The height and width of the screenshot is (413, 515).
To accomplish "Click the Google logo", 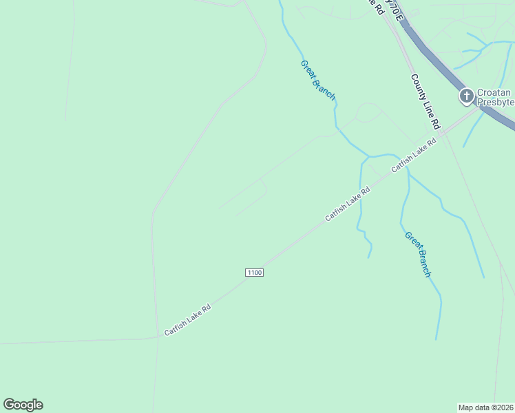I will (23, 405).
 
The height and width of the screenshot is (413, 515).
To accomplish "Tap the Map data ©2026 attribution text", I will (485, 407).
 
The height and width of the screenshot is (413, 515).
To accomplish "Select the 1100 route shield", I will (254, 273).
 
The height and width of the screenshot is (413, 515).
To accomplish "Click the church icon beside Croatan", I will (466, 96).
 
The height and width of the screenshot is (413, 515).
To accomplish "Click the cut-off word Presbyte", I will (496, 102).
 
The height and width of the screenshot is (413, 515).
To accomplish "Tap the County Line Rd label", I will (425, 102).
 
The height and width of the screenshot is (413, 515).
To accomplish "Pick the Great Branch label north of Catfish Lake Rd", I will (317, 80).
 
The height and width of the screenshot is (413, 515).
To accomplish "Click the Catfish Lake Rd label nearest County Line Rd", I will (414, 156).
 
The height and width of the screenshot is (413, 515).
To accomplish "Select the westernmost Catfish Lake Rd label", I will (187, 321).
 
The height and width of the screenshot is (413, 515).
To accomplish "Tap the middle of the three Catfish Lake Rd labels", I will (348, 204).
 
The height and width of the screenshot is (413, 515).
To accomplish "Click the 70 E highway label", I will (392, 8).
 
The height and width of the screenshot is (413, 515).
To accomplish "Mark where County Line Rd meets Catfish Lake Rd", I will (444, 132).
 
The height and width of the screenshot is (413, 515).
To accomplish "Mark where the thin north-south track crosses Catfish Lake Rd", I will (157, 337).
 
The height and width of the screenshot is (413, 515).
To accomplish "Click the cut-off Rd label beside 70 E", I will (376, 4).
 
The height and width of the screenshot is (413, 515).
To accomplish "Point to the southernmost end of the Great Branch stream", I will (436, 339).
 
